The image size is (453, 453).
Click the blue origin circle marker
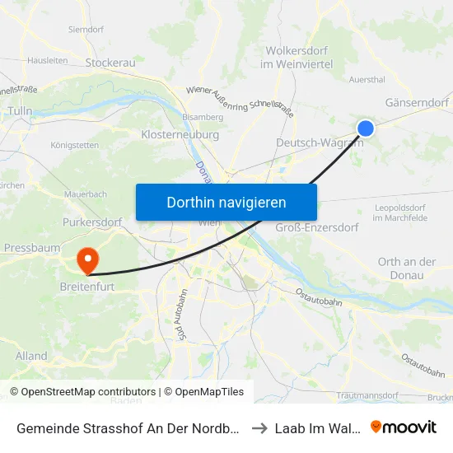pos(366,128)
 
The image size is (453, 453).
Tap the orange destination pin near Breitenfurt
pos(87,260)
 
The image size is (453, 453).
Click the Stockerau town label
pos(110,62)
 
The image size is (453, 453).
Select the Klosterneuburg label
pos(180,133)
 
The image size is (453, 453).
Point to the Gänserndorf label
pos(417,102)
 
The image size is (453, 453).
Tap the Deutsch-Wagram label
pos(319,142)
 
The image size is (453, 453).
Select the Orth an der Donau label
pos(406,269)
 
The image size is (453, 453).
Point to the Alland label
pos(31,356)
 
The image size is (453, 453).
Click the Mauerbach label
pos(86,194)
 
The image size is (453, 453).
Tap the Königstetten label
pos(75,145)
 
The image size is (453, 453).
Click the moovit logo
pos(404,427)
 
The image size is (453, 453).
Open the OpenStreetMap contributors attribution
pos(82,392)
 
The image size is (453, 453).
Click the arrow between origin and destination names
pos(260,427)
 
